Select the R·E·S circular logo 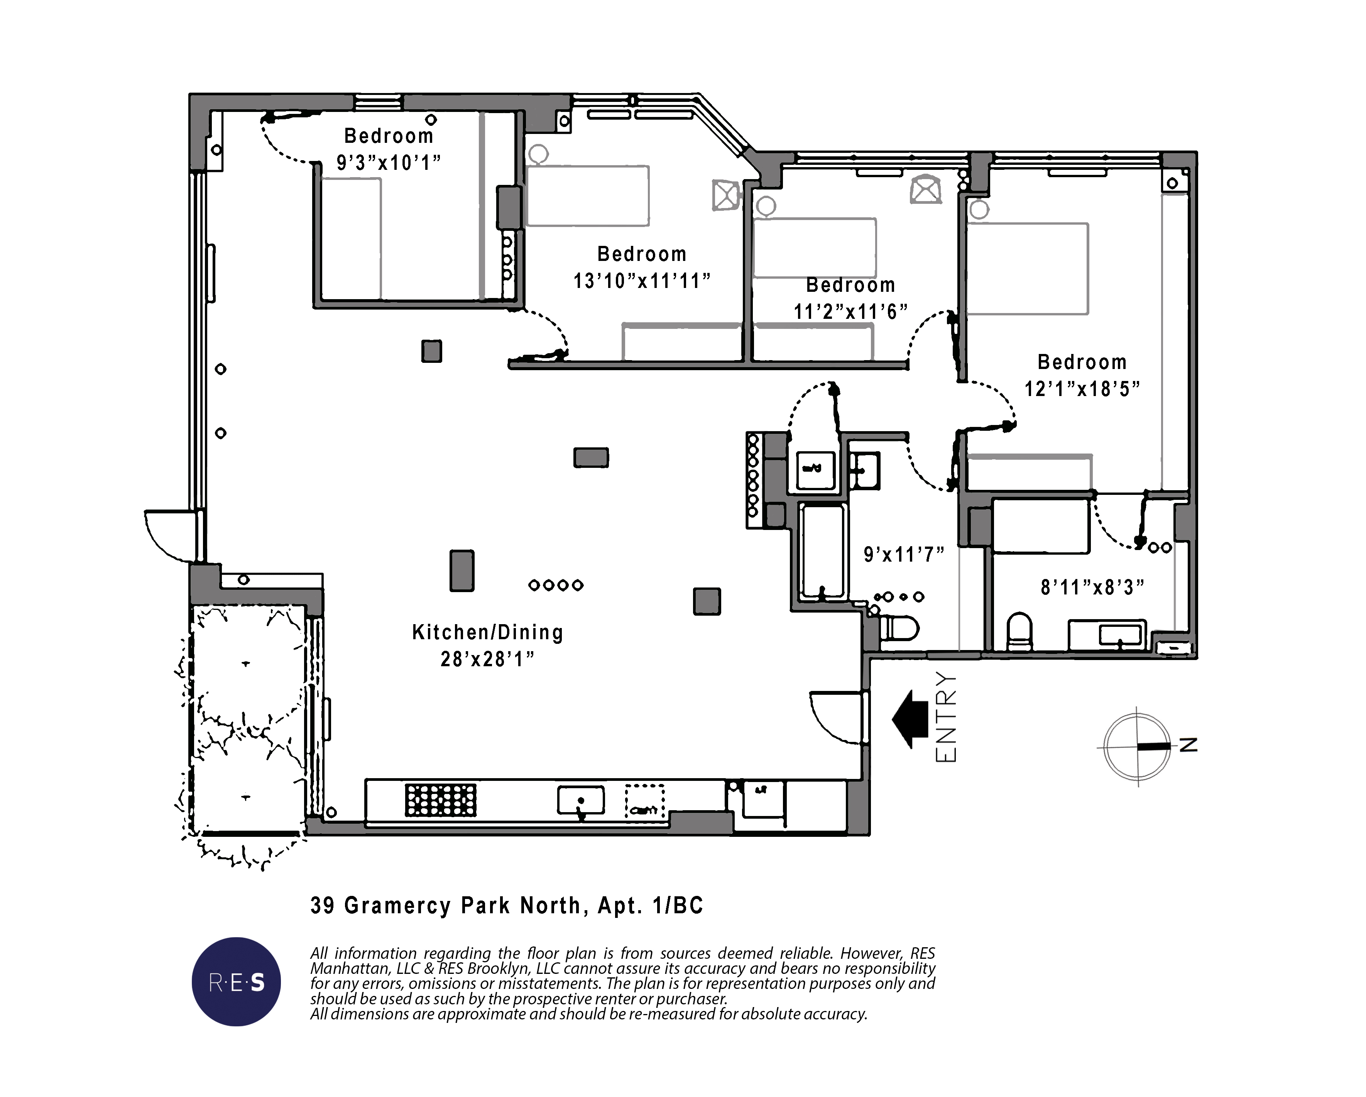tap(236, 982)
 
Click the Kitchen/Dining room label tap(487, 633)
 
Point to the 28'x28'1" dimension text tap(487, 660)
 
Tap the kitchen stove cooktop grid tap(441, 801)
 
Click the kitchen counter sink tap(580, 801)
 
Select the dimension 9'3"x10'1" tap(389, 163)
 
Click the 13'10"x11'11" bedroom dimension tap(642, 281)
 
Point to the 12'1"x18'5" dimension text tap(1082, 388)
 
